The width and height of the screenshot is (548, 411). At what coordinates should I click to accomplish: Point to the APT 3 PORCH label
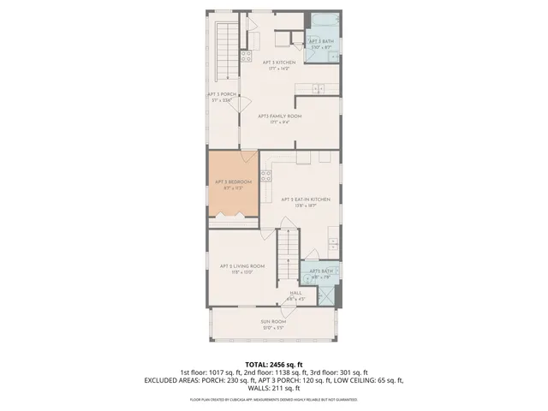point(220,94)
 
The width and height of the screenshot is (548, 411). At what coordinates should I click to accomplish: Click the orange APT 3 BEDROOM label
point(232,182)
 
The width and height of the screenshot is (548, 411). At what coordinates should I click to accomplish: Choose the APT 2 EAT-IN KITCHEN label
point(299,200)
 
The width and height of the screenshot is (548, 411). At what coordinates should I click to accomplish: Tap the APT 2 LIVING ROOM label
point(241,266)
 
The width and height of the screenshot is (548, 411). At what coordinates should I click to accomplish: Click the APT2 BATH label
point(321,271)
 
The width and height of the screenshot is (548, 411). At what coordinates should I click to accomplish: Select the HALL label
point(296,293)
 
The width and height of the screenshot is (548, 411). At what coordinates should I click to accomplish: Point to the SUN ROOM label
point(273,322)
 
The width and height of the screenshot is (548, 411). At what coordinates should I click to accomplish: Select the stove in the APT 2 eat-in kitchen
point(266,176)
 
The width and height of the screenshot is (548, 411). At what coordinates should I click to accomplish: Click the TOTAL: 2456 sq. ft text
point(273,364)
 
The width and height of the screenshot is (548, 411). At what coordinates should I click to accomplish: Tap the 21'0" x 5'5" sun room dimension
point(273,328)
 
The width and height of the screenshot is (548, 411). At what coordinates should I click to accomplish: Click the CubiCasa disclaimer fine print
point(273,399)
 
